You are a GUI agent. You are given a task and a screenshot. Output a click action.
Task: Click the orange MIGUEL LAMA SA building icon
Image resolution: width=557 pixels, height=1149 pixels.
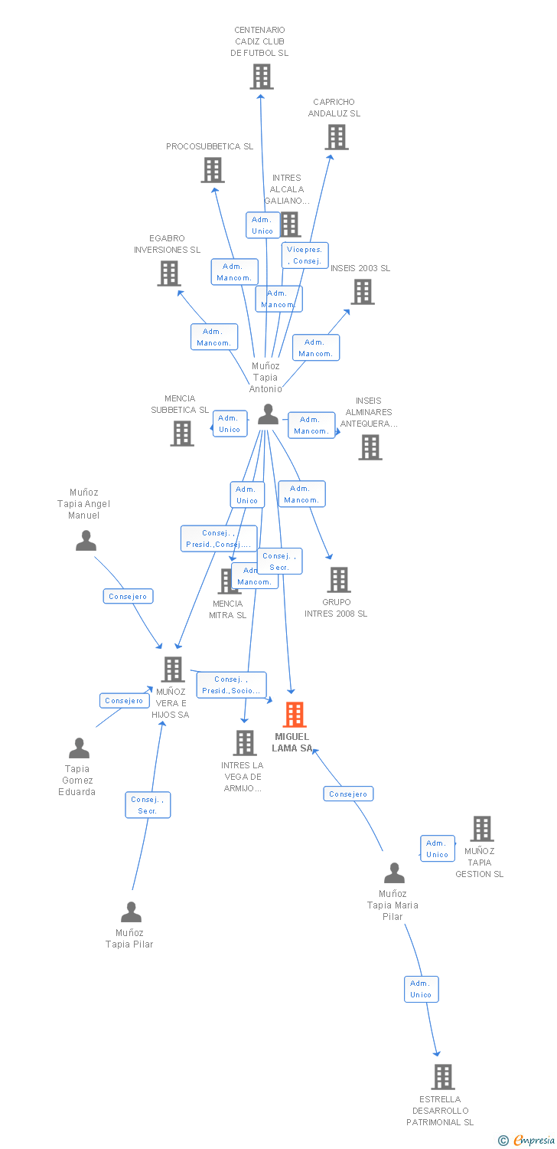point(295,715)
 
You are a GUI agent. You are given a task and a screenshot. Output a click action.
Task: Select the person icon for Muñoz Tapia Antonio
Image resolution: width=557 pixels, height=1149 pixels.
point(268,414)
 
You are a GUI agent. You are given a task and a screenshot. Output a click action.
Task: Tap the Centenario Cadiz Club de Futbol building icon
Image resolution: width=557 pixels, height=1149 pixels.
point(262,77)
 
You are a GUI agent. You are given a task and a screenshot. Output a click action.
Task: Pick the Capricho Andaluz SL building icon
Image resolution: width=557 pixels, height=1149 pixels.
point(337,137)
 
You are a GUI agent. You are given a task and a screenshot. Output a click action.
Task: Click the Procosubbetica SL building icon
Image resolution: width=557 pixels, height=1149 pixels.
point(213,170)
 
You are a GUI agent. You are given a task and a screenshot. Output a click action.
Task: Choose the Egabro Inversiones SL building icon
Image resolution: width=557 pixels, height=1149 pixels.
point(169,273)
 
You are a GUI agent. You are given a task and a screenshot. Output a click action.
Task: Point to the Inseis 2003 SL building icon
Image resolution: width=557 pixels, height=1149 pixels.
point(363,292)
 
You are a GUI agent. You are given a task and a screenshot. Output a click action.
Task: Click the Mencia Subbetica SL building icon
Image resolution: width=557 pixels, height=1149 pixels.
point(182,434)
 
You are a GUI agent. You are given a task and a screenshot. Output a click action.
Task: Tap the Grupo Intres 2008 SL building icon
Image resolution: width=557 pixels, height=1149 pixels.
point(339,580)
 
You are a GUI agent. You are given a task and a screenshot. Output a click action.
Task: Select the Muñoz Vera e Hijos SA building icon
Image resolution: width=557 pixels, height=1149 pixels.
point(173,669)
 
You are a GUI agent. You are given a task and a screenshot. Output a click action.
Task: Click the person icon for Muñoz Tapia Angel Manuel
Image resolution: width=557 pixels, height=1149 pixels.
point(86,541)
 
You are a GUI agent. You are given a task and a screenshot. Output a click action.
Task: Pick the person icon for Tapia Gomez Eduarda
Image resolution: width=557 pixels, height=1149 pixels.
point(79,748)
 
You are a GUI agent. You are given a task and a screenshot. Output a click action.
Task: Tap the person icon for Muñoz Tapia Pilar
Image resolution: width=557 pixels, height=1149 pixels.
point(132,912)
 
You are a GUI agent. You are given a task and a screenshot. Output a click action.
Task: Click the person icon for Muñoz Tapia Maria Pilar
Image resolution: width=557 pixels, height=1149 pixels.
point(394,873)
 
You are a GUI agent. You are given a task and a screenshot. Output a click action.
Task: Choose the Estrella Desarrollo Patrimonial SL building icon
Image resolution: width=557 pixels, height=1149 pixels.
point(443,1077)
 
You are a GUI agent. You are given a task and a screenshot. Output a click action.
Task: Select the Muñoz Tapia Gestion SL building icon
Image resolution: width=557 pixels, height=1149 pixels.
point(482,829)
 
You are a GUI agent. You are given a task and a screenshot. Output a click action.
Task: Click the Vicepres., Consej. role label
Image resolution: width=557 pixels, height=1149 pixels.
point(305,255)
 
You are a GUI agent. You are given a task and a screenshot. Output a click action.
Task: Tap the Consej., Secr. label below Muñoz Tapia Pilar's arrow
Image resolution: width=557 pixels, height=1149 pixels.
point(148,805)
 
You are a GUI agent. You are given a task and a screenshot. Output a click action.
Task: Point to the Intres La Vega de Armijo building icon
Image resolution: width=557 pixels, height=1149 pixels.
point(245,743)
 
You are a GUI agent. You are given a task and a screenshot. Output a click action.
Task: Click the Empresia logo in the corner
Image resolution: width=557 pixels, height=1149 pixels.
point(527,1141)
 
